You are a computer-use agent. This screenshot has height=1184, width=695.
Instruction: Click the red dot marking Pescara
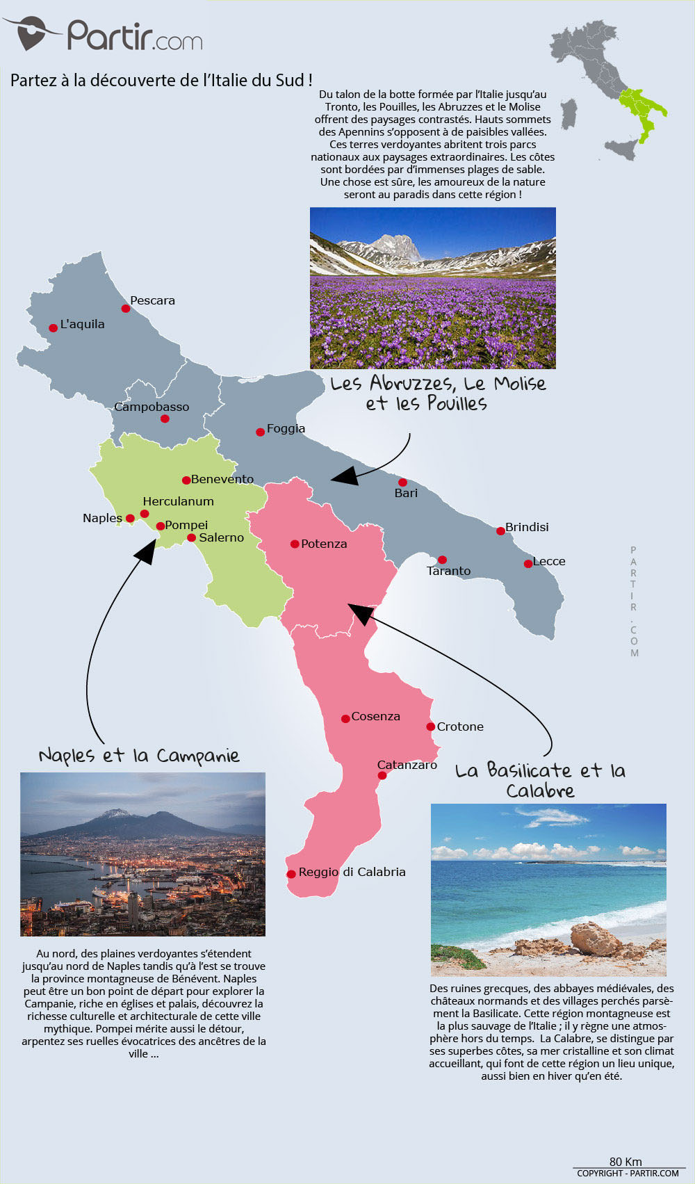point(126,308)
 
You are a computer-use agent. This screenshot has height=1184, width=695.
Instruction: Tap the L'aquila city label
point(82,324)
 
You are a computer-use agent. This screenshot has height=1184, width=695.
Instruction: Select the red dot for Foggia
point(260,432)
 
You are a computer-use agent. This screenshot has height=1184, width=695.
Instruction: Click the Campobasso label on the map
point(152,407)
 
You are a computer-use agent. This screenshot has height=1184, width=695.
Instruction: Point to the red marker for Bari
point(402,482)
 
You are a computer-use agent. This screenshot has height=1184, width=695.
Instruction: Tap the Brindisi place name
point(527,527)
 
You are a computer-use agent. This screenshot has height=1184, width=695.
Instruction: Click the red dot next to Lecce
point(528,563)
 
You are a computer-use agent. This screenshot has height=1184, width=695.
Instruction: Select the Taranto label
point(448,571)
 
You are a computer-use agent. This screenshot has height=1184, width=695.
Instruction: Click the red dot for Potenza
point(295,544)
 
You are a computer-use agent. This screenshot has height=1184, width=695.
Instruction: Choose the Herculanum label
point(178,501)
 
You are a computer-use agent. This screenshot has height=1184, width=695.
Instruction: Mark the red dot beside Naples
point(130,518)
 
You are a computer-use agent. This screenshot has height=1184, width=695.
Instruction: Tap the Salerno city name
point(221,537)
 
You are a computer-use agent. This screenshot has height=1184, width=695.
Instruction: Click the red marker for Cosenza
point(345,718)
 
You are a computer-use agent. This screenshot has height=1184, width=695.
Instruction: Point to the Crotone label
point(459,727)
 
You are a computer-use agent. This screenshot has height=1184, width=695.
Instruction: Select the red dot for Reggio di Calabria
point(291,874)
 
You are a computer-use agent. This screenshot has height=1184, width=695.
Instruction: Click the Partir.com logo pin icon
point(31,33)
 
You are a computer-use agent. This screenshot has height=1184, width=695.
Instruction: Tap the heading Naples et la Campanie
point(139,756)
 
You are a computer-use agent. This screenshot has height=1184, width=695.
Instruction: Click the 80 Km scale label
point(625,1162)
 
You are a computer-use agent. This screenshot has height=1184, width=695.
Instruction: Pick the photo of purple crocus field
point(432,288)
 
